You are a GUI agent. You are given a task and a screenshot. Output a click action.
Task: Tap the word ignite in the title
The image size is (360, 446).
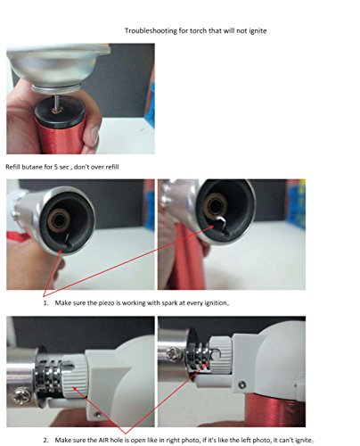258,31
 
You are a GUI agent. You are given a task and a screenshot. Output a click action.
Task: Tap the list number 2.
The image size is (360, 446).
45,440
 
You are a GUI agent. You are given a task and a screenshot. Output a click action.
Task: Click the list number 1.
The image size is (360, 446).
45,303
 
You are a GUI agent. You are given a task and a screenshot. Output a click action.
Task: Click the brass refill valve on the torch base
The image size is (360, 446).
56,111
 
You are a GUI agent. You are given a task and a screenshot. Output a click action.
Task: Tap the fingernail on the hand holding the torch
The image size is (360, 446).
94,136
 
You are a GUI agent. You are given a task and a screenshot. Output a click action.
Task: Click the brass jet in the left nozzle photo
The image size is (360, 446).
60,220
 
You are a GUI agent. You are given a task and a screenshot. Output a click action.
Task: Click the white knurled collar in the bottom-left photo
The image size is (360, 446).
74,376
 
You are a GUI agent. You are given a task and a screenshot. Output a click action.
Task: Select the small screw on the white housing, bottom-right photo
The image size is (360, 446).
242,385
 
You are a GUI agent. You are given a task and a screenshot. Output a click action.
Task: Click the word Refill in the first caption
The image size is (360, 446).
12,167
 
